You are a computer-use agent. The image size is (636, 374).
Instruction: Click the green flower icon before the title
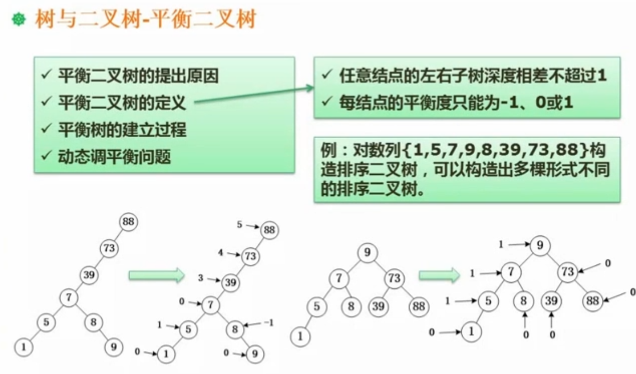tap(18, 20)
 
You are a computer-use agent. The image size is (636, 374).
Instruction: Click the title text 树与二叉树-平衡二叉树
tap(145, 20)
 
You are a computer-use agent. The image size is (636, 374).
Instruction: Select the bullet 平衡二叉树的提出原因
tap(138, 77)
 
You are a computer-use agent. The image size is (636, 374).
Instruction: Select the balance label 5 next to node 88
tap(239, 225)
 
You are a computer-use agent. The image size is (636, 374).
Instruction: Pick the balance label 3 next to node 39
tap(201, 278)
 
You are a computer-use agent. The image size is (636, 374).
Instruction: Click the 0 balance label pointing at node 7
tap(182, 302)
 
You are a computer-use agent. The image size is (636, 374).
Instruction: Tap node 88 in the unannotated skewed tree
tap(128, 222)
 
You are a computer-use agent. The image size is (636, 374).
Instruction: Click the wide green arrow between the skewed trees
tap(156, 275)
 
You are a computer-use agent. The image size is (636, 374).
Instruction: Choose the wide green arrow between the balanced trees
tap(439, 275)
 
